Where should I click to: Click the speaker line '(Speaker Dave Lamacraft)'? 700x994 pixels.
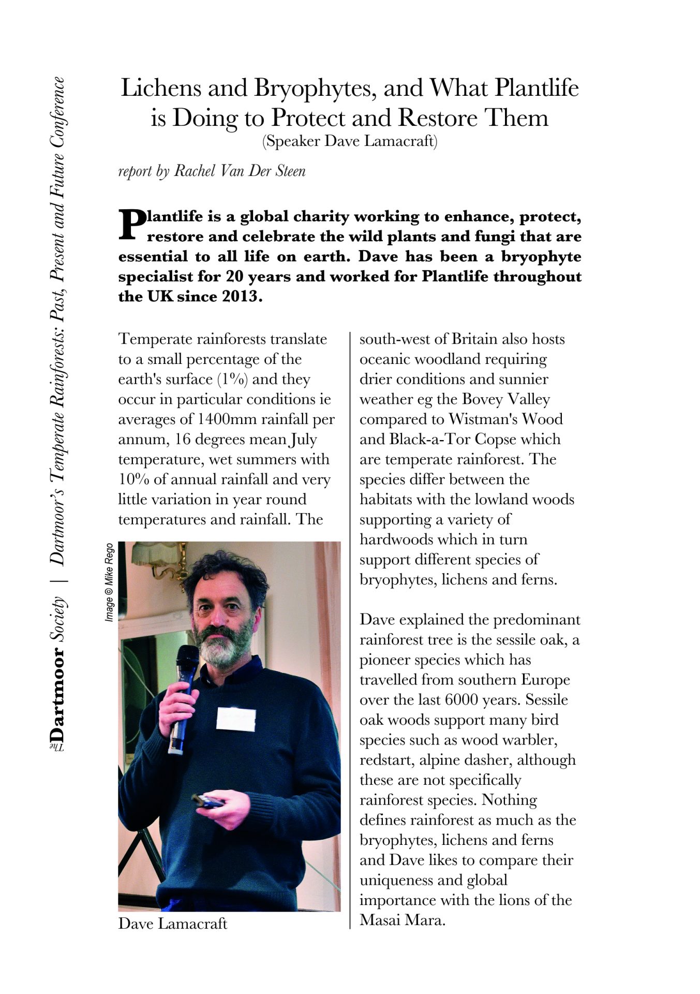350,141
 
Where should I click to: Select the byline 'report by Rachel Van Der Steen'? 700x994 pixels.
212,171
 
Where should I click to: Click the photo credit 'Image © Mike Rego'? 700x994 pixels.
109,582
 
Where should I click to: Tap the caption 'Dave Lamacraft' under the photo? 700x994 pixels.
172,923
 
